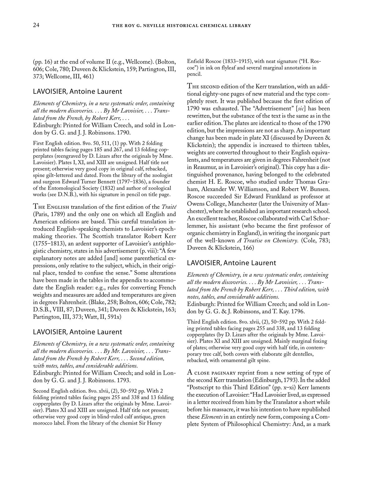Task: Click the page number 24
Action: coord(36,26)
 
